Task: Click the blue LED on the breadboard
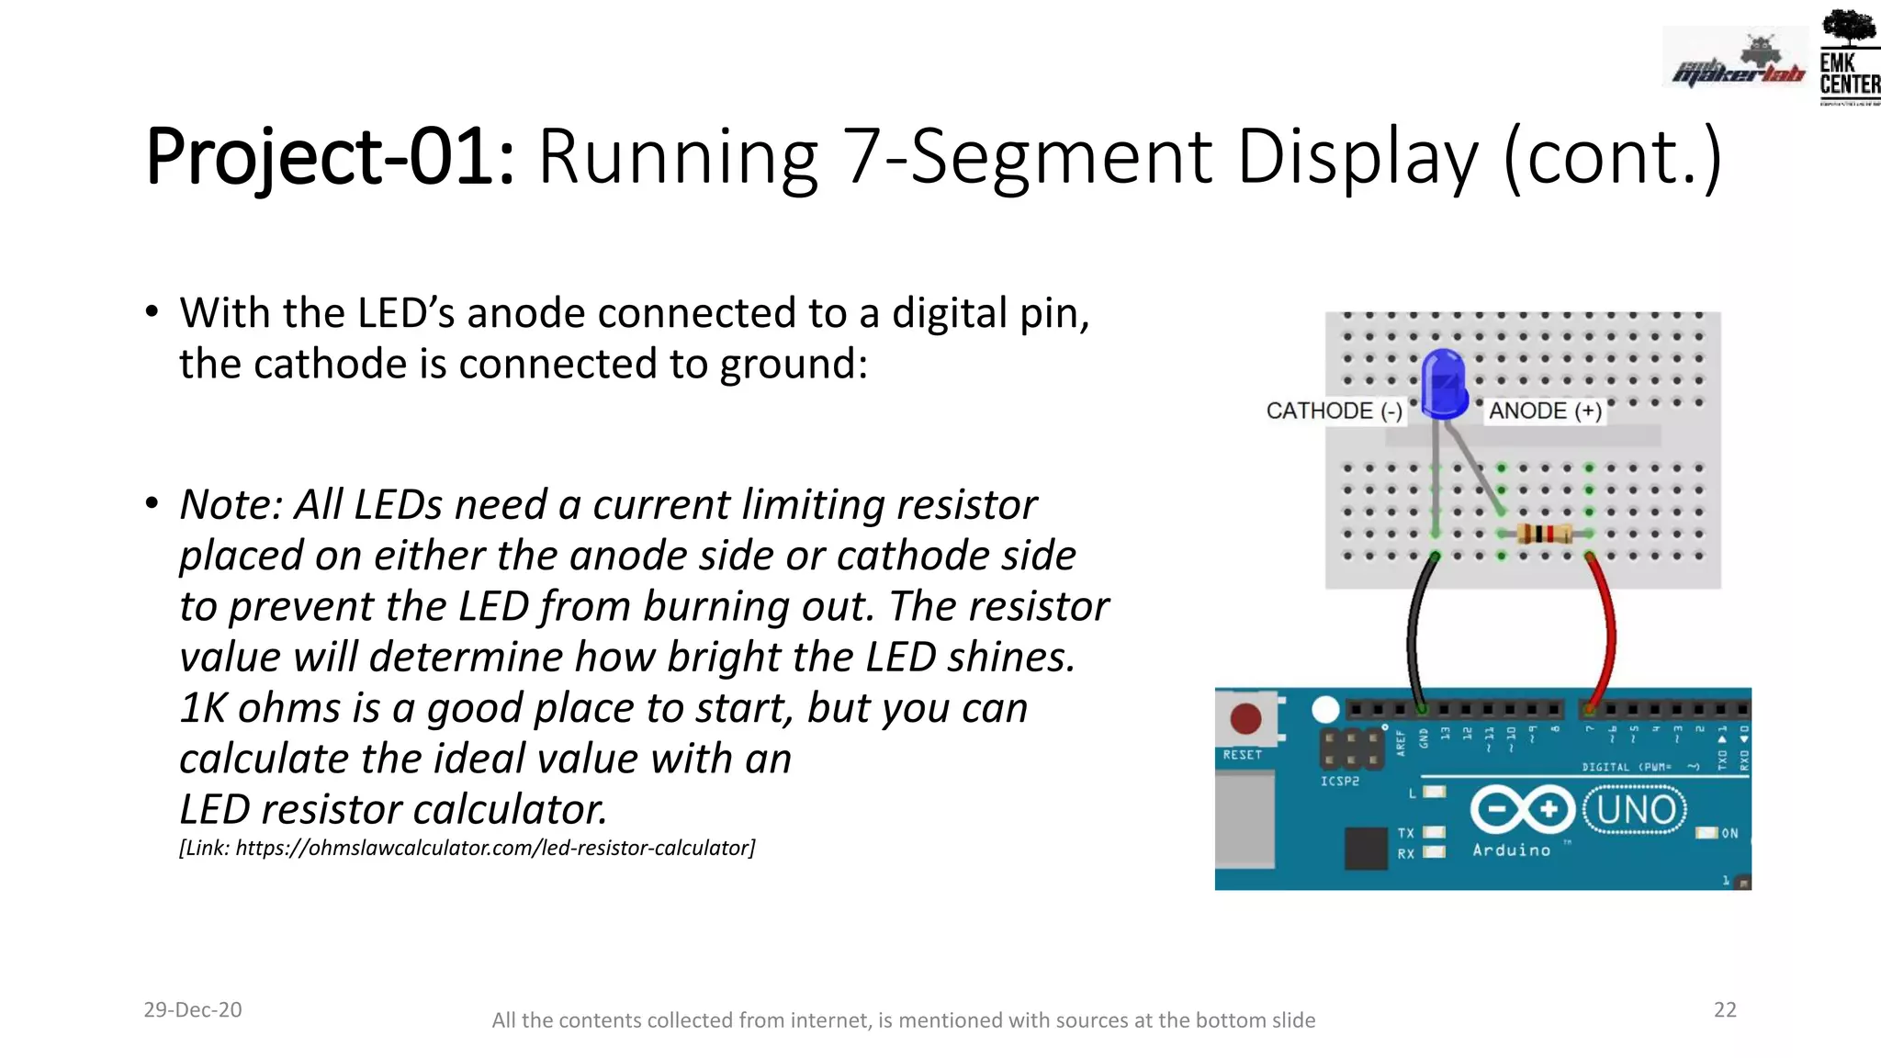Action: point(1444,384)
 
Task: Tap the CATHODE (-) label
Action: point(1334,411)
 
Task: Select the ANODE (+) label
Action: point(1545,411)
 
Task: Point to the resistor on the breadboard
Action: point(1545,533)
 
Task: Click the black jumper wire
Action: point(1414,634)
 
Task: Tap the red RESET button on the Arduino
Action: point(1245,718)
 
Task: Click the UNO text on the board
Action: point(1636,810)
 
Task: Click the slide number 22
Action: point(1725,1009)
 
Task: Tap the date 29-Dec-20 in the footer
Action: point(193,1009)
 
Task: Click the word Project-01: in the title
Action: point(331,158)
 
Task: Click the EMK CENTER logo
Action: point(1848,57)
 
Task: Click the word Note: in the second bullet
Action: point(231,505)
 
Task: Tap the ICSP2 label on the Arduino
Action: point(1339,781)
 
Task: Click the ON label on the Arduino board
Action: point(1729,833)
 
